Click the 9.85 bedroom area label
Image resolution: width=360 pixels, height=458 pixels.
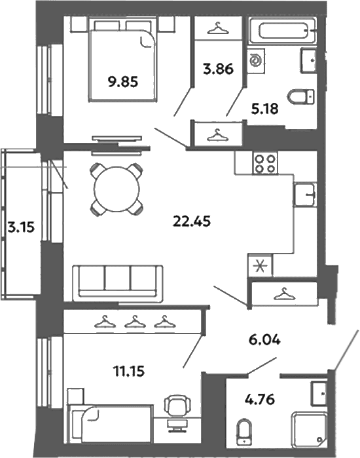pos(123,82)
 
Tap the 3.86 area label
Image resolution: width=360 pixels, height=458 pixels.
pos(218,69)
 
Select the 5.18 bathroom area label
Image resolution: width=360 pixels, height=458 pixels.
pos(264,109)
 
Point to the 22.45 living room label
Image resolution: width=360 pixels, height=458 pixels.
pos(192,221)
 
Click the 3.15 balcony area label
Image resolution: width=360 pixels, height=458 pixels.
pos(21,227)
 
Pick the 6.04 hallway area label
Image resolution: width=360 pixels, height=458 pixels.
pos(264,339)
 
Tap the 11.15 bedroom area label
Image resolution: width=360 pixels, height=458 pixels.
pos(129,372)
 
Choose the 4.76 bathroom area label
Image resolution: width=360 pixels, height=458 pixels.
pos(260,399)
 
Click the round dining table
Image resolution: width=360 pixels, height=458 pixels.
pos(117,189)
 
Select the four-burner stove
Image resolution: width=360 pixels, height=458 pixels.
pos(265,164)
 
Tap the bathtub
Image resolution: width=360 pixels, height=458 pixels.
pos(282,31)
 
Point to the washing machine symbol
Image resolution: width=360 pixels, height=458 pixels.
pos(257,61)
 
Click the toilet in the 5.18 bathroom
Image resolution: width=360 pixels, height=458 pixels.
pos(301,97)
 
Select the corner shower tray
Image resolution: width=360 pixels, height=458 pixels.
pos(309,429)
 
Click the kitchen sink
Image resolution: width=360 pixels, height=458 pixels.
pos(305,194)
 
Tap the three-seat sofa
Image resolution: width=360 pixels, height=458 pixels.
pos(118,284)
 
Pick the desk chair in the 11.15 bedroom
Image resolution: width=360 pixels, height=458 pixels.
pos(177,404)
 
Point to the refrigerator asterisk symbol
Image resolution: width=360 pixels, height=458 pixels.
pos(260,266)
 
